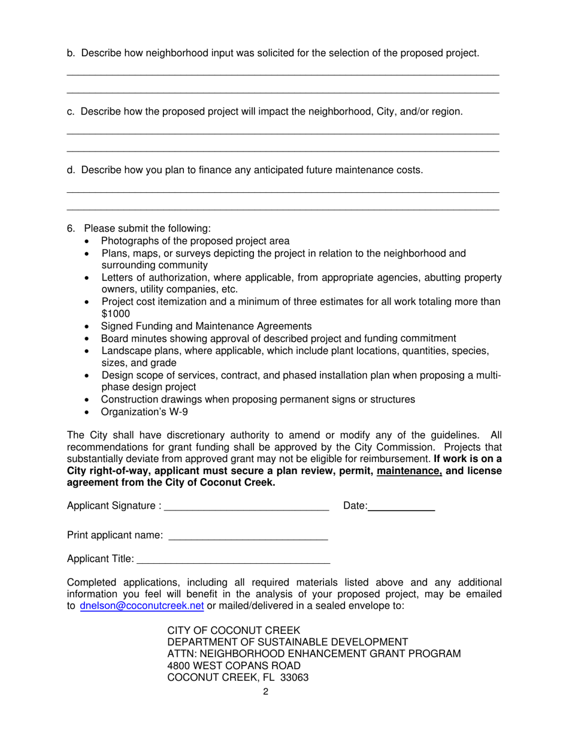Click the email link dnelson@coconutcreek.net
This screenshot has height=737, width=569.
[142, 606]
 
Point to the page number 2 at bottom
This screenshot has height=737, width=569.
[265, 692]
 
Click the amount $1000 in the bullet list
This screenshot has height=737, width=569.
[116, 313]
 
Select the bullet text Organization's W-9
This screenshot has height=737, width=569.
[144, 412]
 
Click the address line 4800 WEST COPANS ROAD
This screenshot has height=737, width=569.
[234, 666]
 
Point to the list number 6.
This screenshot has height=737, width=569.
[70, 228]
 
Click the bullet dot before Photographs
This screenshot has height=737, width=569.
[89, 241]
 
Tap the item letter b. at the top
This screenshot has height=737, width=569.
[71, 53]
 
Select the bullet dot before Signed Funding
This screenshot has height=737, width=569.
[89, 327]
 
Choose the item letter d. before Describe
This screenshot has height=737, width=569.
[71, 170]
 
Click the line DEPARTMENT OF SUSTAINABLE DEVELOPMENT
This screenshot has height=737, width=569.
[287, 642]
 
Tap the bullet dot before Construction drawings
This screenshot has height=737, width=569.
[89, 400]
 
